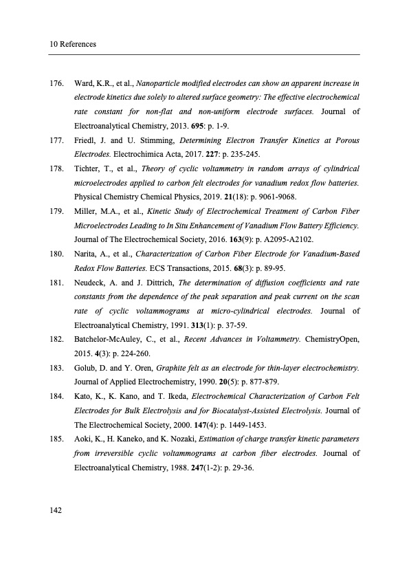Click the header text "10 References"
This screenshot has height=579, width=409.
[72, 45]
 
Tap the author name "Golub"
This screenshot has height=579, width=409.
[85, 368]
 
